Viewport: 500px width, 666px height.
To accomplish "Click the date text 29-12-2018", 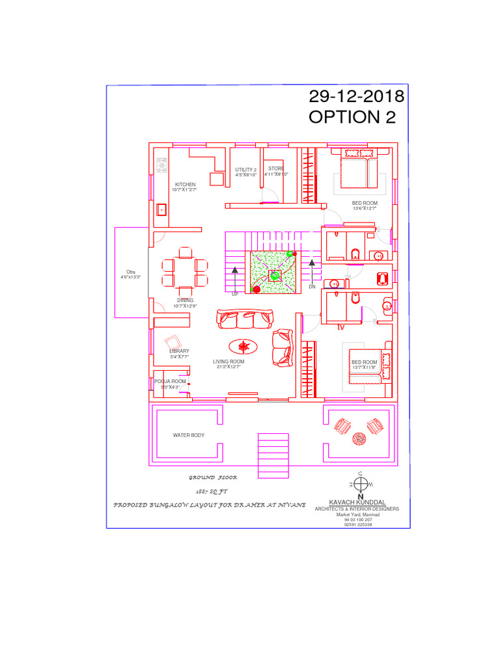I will [356, 96].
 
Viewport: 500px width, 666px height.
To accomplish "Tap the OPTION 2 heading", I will [352, 117].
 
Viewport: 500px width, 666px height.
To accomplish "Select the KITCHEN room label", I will [185, 185].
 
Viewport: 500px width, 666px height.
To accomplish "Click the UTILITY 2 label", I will [246, 170].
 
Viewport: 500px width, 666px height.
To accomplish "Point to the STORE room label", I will [276, 168].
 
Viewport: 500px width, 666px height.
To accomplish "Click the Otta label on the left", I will [130, 272].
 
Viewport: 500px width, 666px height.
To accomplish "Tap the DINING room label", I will [185, 300].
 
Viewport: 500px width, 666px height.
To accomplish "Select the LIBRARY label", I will [179, 351].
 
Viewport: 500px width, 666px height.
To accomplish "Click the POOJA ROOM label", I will [170, 381].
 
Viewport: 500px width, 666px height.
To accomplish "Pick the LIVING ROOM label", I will [229, 362].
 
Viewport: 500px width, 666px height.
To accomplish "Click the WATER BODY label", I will [188, 435].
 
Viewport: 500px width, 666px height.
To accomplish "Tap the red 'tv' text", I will [340, 328].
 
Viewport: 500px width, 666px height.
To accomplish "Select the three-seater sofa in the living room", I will [244, 319].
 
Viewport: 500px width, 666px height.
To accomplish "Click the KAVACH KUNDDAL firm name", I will [357, 503].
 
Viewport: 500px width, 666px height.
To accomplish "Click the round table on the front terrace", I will [359, 439].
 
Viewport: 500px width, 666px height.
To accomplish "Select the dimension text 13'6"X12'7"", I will [365, 209].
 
